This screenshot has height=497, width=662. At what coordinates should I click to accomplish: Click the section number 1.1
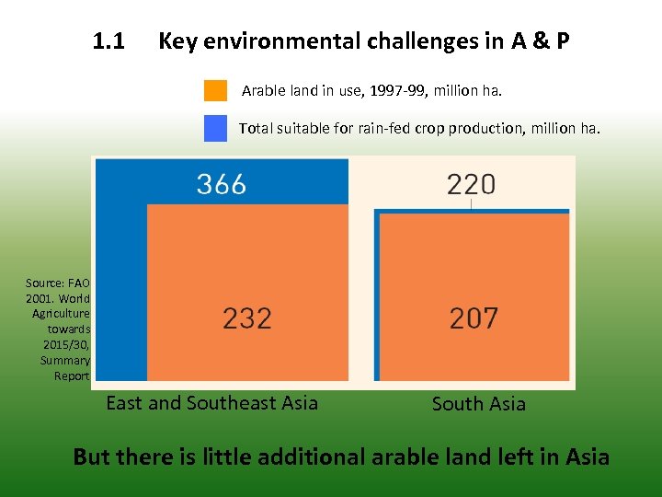pyautogui.click(x=108, y=41)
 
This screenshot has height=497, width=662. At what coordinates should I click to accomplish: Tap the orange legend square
pyautogui.click(x=215, y=90)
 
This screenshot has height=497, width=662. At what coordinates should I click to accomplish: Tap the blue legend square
pyautogui.click(x=215, y=128)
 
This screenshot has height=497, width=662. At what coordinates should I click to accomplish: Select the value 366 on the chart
pyautogui.click(x=222, y=184)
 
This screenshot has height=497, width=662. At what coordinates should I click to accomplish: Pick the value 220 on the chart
pyautogui.click(x=471, y=185)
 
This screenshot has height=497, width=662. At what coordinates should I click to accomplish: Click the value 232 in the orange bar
pyautogui.click(x=247, y=318)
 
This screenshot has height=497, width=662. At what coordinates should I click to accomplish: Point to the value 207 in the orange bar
pyautogui.click(x=474, y=318)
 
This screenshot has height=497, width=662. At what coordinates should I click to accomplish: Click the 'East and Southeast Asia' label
pyautogui.click(x=211, y=402)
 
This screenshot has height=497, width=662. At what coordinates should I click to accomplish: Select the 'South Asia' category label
pyautogui.click(x=478, y=404)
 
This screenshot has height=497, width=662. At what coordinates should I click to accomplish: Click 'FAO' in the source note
pyautogui.click(x=79, y=283)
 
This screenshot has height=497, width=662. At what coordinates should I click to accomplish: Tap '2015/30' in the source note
pyautogui.click(x=65, y=344)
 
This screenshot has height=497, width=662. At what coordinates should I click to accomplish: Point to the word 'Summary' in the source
pyautogui.click(x=65, y=360)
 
